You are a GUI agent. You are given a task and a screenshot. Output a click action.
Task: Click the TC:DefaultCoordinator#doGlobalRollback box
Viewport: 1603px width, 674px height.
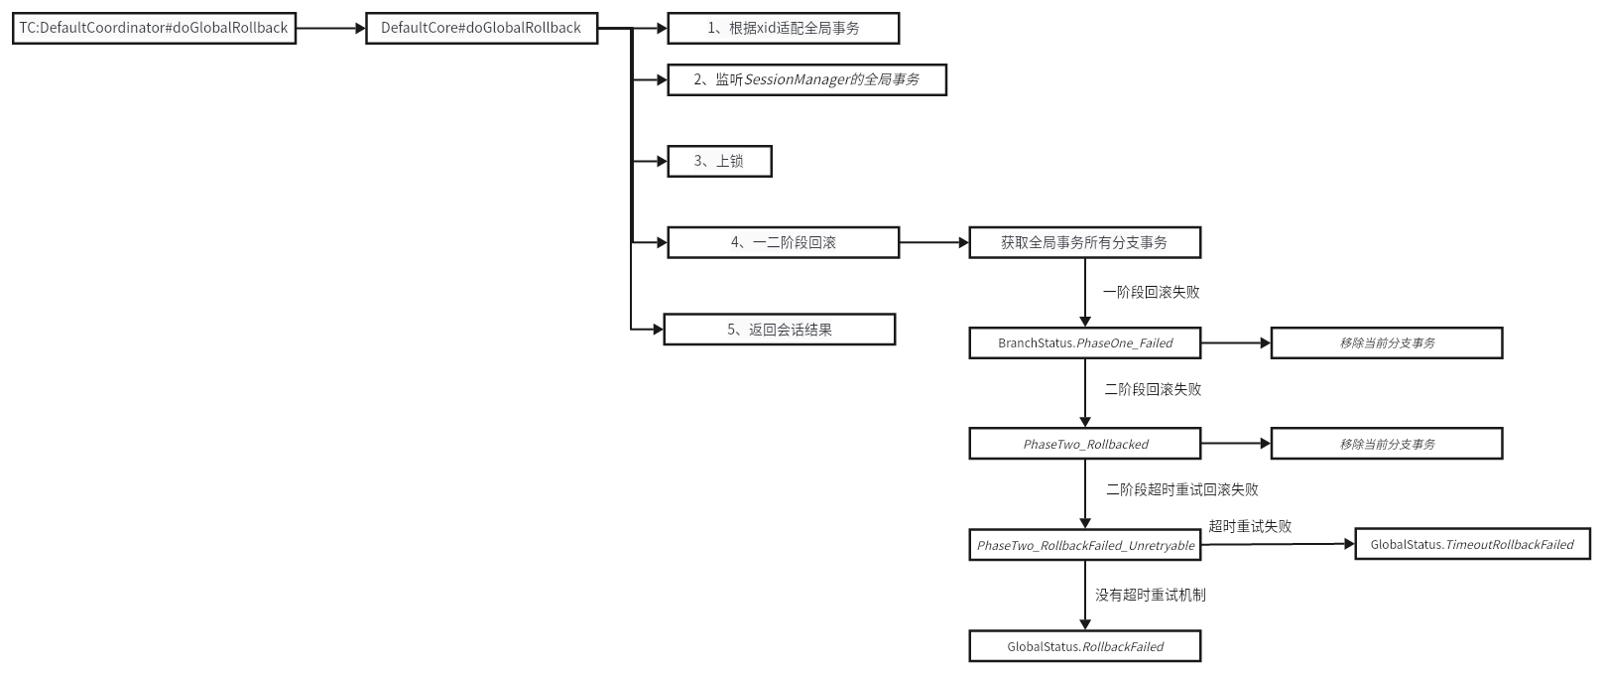[x=154, y=28]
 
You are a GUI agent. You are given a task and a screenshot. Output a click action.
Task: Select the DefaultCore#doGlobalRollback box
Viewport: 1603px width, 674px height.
[x=481, y=28]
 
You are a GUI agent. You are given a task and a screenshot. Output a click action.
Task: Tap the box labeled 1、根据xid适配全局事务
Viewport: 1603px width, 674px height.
[x=783, y=28]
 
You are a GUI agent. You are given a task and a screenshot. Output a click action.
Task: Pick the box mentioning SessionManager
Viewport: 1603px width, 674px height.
[x=806, y=79]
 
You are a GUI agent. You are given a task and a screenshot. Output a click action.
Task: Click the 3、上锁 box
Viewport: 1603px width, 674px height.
[x=718, y=161]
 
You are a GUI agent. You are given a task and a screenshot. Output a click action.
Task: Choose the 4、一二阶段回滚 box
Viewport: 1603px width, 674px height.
[x=783, y=242]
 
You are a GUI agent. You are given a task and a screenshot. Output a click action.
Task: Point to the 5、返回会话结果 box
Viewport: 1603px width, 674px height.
[x=779, y=330]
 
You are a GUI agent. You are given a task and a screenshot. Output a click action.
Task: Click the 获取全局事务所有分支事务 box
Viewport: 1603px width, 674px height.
[x=1084, y=242]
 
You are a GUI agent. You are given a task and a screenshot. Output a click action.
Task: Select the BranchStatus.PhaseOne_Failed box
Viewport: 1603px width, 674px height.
[x=1084, y=342]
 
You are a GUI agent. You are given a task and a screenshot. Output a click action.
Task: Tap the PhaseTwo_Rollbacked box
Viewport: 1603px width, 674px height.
[x=1084, y=444]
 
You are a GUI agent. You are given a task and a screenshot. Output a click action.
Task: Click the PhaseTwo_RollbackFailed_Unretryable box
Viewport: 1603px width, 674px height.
[x=1084, y=545]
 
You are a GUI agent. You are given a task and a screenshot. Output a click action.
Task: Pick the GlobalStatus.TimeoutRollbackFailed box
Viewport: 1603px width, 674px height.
[x=1472, y=544]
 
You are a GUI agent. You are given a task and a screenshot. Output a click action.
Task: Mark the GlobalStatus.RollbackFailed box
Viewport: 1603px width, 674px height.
[x=1084, y=646]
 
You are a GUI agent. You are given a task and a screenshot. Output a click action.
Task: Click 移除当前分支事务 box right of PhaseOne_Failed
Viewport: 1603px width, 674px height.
[x=1387, y=342]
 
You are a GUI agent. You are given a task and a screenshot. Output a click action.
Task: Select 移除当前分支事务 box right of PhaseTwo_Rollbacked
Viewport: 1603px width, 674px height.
[x=1387, y=444]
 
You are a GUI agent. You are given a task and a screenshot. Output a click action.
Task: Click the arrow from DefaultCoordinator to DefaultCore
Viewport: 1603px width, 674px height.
[x=331, y=28]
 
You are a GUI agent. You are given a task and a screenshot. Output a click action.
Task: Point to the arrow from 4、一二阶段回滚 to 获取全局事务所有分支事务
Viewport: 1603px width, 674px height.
[x=933, y=242]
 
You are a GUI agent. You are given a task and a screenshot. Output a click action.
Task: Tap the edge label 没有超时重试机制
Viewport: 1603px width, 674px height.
[x=1151, y=595]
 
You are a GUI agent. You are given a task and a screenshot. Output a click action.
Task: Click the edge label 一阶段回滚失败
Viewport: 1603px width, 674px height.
[x=1151, y=292]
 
